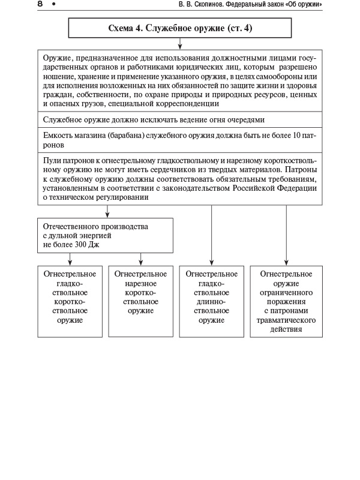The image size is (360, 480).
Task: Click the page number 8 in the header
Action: click(40, 5)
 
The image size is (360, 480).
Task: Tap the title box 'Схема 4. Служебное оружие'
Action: click(180, 28)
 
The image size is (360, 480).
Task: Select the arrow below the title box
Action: click(180, 43)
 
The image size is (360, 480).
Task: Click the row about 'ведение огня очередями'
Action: click(154, 120)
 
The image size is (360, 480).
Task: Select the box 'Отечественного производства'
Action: click(106, 235)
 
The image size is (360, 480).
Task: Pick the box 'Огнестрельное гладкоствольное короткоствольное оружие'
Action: click(70, 301)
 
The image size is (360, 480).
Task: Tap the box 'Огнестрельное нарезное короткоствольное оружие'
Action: click(141, 301)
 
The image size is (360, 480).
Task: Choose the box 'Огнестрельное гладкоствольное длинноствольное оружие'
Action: click(212, 301)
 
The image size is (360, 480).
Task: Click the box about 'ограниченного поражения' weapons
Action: click(286, 301)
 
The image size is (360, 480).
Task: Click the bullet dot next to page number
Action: click(53, 5)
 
